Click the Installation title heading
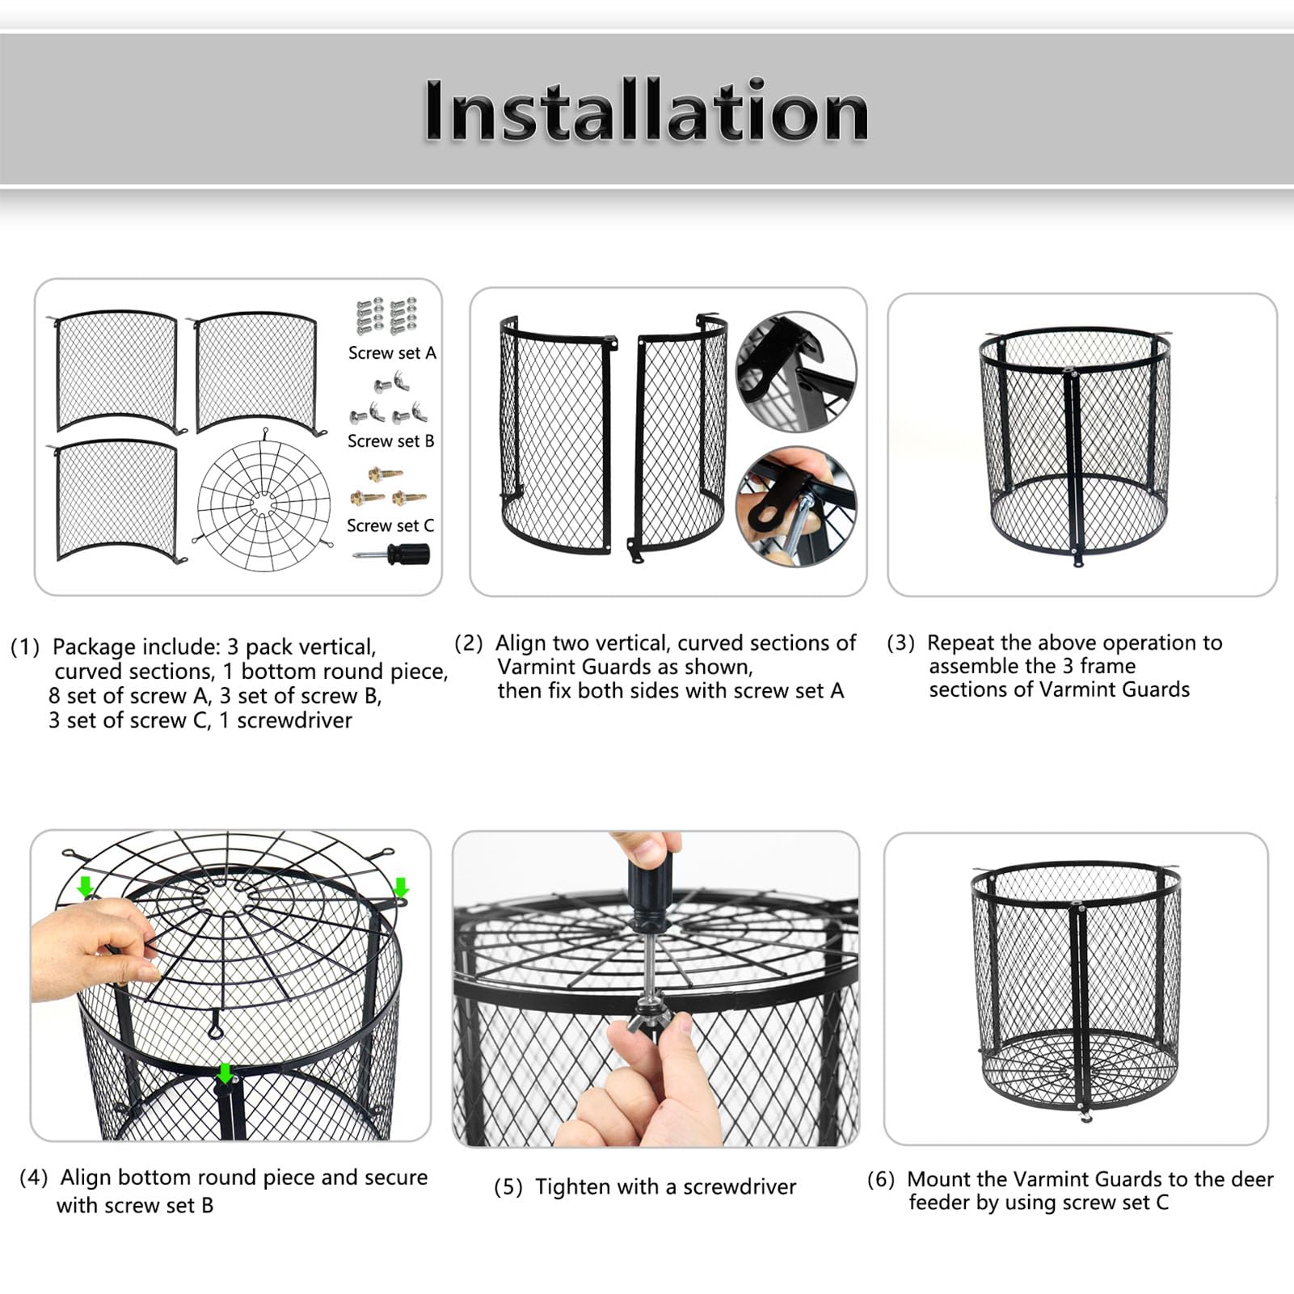coord(647,112)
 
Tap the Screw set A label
coord(392,353)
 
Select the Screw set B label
coord(391,441)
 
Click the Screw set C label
coord(390,526)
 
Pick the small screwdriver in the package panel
coord(393,554)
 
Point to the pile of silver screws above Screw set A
coord(387,316)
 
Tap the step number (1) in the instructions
coord(25,647)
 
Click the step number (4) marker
coord(34,1178)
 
